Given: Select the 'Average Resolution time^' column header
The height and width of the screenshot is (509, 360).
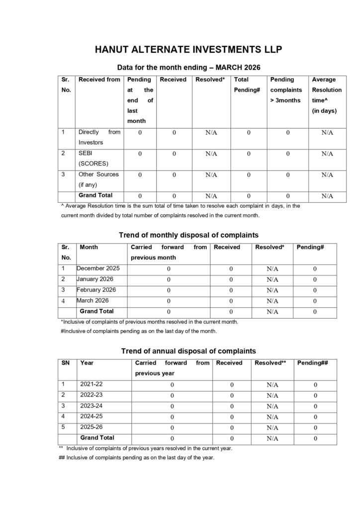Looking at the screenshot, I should [327, 95].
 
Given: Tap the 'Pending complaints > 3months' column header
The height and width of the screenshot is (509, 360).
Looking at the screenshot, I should [285, 90].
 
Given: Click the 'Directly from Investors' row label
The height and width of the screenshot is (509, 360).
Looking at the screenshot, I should [99, 137].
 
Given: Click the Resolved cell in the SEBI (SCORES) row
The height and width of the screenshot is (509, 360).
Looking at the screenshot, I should [211, 154].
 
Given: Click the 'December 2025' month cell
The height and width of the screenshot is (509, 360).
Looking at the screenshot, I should [98, 268].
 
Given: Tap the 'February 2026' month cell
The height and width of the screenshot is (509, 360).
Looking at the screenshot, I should [96, 290].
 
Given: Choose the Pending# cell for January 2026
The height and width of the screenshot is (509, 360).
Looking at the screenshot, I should [315, 279].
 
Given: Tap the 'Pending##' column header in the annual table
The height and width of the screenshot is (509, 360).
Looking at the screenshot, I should [312, 363].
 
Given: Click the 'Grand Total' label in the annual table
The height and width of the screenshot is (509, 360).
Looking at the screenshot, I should [97, 438].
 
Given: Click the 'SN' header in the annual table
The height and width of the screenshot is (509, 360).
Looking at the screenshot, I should [66, 363].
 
